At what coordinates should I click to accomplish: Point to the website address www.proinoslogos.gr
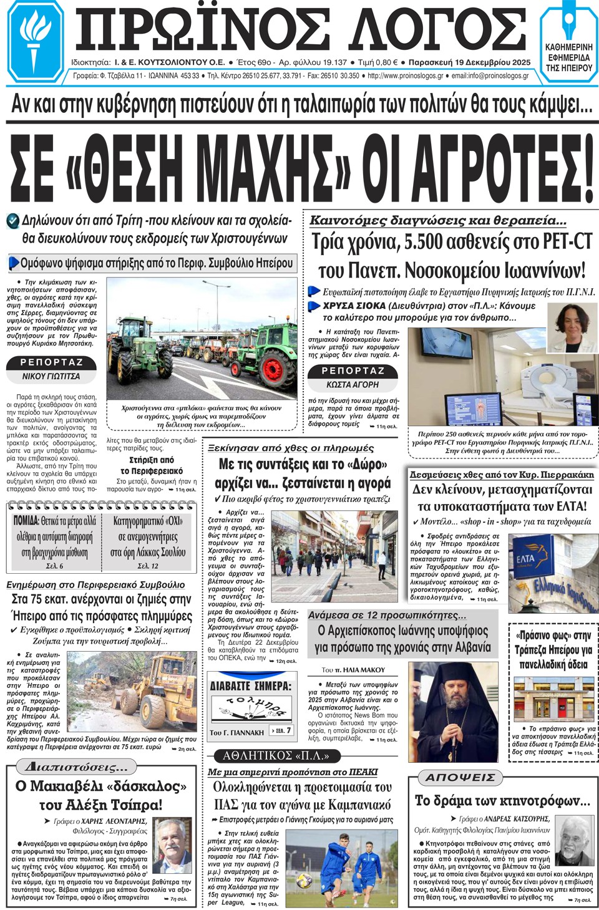(x=406, y=76)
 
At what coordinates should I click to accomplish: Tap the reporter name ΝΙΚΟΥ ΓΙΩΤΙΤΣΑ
(x=51, y=376)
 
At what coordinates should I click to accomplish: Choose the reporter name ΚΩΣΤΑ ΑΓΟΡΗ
(x=353, y=385)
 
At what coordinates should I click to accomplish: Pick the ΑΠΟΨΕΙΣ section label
(x=455, y=777)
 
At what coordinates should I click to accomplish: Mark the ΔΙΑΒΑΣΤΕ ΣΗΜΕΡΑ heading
(x=250, y=685)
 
